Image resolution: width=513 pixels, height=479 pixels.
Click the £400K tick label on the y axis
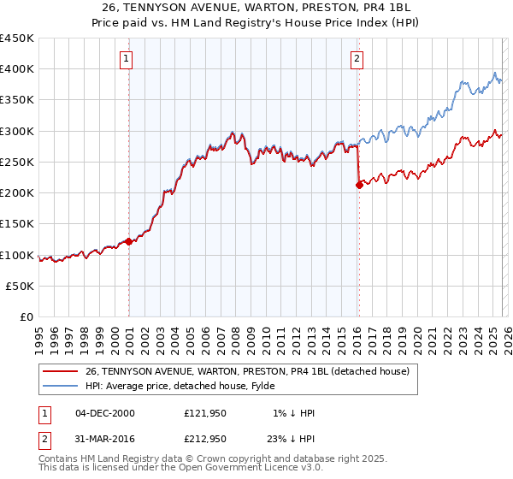[x=17, y=69]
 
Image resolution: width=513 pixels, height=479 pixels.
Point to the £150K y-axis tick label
[x=17, y=224]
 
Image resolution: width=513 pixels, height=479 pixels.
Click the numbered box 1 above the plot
[x=126, y=59]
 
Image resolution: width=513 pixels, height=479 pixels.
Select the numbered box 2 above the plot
[x=356, y=59]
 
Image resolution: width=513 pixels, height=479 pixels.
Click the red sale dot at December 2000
[x=129, y=241]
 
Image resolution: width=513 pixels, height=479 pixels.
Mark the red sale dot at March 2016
[x=359, y=185]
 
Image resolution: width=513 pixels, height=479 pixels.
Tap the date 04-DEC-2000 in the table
[x=105, y=413]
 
